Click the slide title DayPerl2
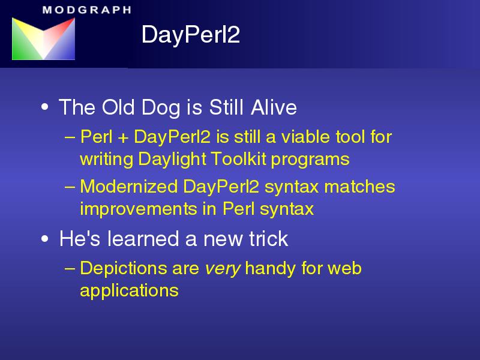tap(190, 35)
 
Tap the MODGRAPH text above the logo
tap(87, 10)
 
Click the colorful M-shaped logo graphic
tap(43, 38)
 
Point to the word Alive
tap(274, 107)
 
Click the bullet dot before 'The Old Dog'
tap(44, 107)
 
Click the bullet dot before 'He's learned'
tap(44, 239)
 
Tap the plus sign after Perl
tap(123, 138)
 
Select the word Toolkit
tap(238, 159)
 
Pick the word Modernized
tap(129, 187)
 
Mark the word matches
tap(359, 187)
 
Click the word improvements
tap(139, 209)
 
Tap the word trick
tap(268, 239)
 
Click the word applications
tap(129, 291)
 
